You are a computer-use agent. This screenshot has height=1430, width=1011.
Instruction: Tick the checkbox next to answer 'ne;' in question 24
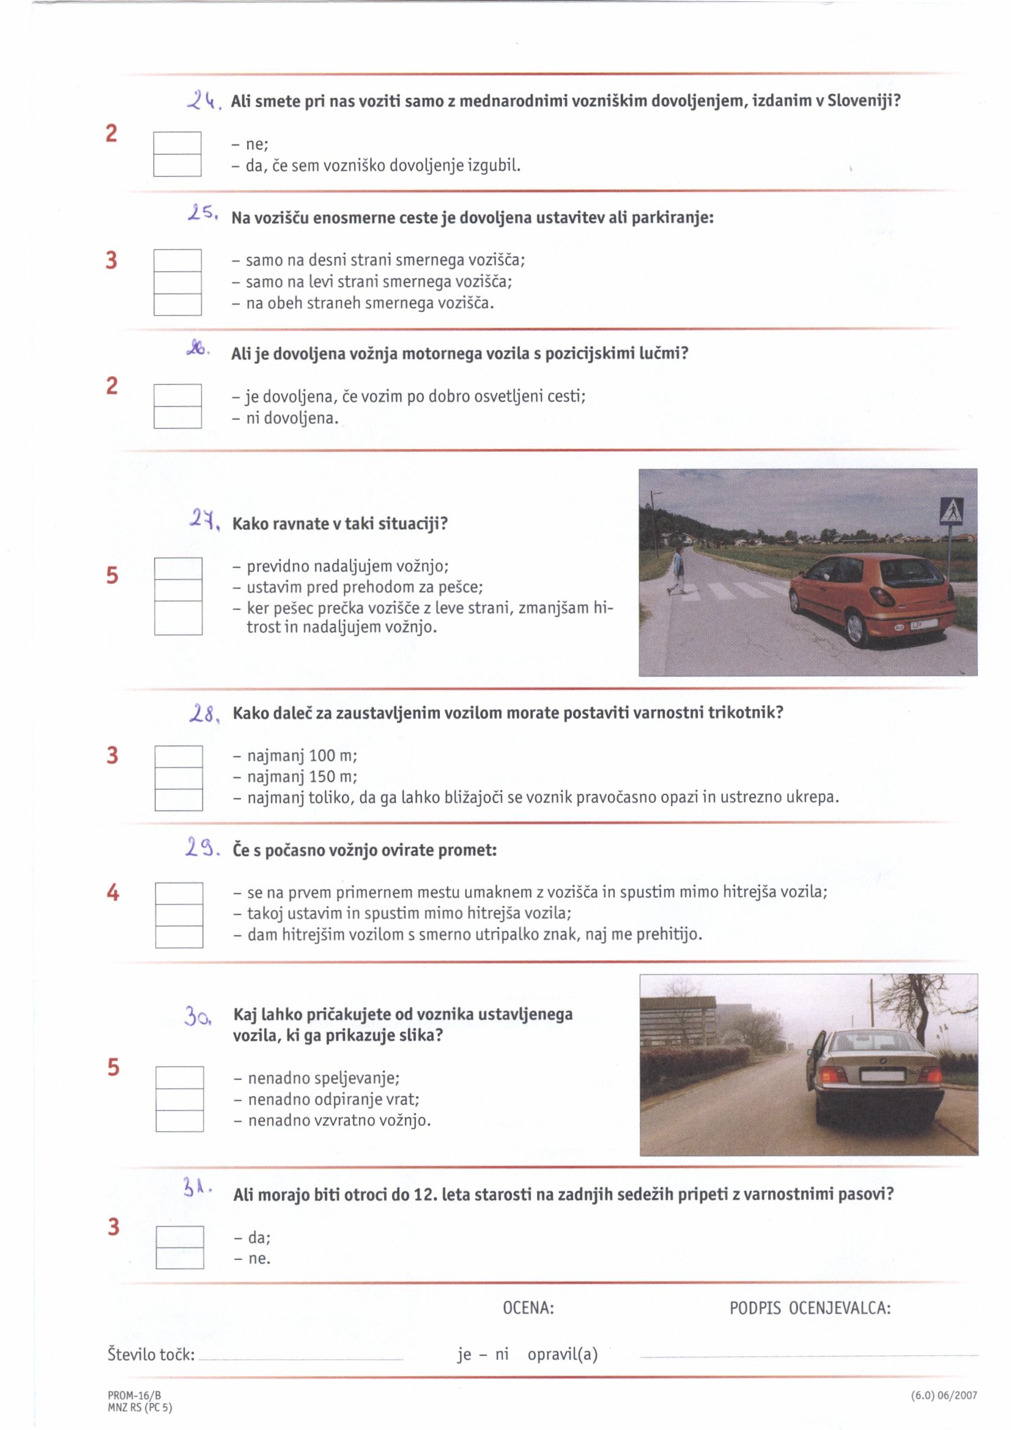pos(177,143)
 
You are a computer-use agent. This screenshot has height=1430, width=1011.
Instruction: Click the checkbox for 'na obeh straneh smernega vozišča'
pos(177,305)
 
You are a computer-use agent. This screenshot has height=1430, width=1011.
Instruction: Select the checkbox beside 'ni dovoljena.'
pos(177,417)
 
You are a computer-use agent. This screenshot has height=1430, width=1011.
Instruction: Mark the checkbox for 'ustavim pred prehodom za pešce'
pos(178,590)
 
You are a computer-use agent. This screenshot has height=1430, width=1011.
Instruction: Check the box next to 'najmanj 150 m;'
pos(179,778)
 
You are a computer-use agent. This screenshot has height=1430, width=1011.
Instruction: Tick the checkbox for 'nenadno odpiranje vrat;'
pos(179,1098)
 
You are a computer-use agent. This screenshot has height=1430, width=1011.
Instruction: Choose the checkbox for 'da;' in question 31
pos(179,1236)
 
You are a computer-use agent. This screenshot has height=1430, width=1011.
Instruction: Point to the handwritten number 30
pos(198,1017)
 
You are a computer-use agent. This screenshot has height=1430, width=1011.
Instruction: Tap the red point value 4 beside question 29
pos(113,892)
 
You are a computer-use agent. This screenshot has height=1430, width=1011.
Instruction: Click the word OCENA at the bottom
pos(528,1308)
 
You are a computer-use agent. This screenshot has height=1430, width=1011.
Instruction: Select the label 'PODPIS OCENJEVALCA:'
pos(810,1308)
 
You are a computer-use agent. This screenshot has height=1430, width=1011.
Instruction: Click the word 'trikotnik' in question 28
pos(741,713)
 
